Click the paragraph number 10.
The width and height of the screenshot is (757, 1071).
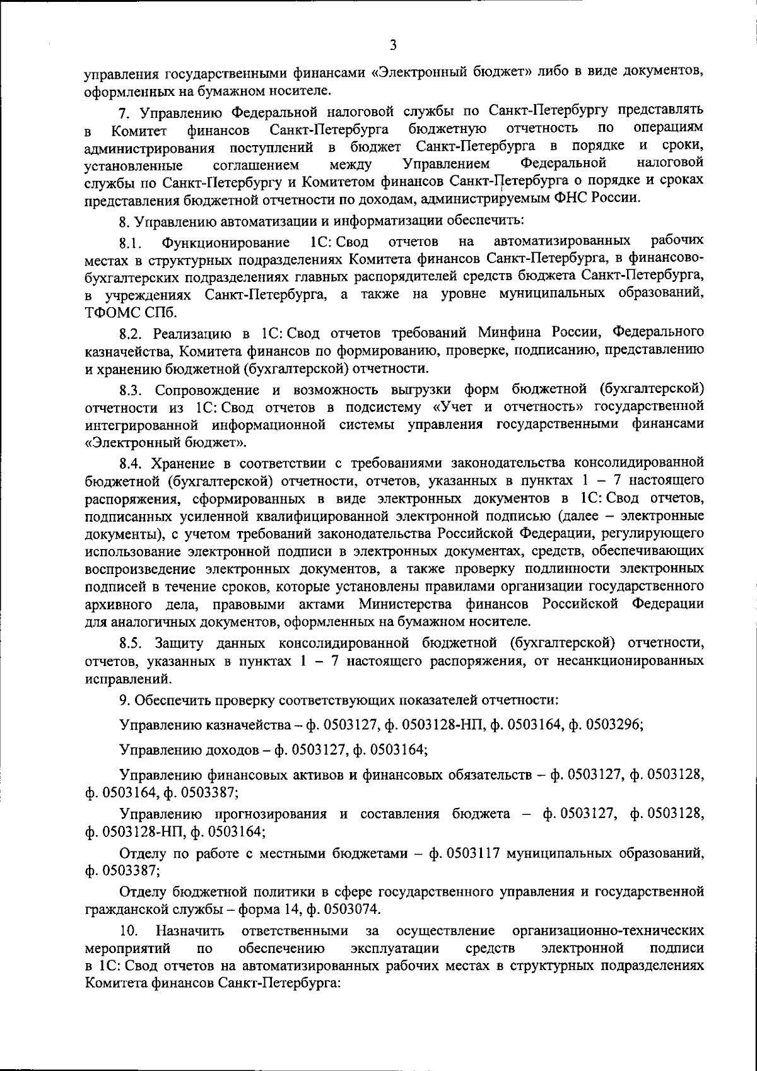[129, 930]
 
